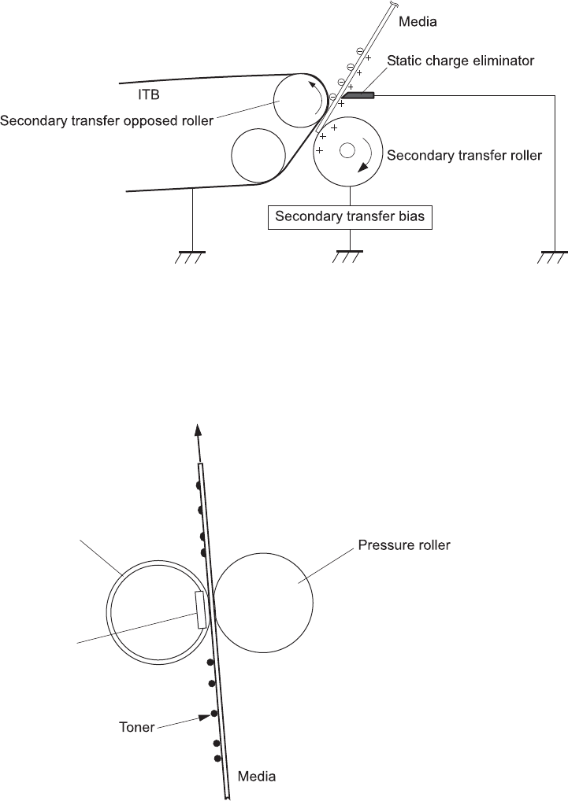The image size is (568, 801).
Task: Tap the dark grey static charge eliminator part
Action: click(x=359, y=96)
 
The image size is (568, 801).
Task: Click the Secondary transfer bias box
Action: click(x=351, y=217)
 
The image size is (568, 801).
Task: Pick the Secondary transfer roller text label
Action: click(x=464, y=155)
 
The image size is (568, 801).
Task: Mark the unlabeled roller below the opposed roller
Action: click(x=258, y=154)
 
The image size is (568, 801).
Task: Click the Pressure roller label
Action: click(x=403, y=544)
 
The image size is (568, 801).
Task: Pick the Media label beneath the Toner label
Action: click(x=257, y=777)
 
